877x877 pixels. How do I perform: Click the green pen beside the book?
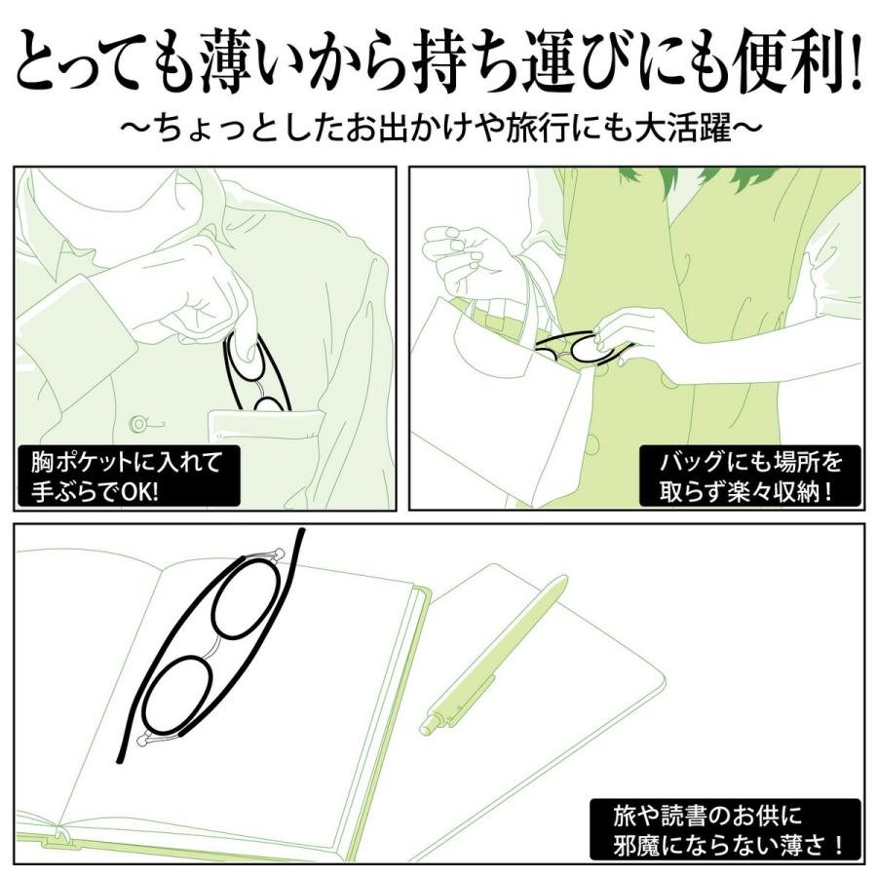click(497, 653)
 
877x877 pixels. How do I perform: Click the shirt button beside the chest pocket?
click(139, 423)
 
